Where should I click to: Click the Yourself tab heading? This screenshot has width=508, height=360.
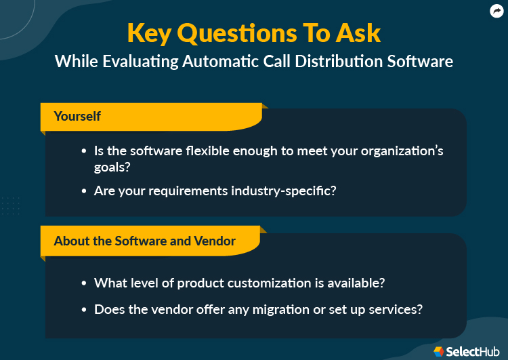pyautogui.click(x=77, y=116)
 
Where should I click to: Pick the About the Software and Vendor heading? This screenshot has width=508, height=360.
pyautogui.click(x=145, y=241)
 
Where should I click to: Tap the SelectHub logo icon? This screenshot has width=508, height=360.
pyautogui.click(x=439, y=351)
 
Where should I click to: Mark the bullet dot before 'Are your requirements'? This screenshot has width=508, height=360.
pyautogui.click(x=84, y=191)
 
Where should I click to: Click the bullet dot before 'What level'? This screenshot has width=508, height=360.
pyautogui.click(x=84, y=283)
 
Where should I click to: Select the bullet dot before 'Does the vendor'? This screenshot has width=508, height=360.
pyautogui.click(x=84, y=310)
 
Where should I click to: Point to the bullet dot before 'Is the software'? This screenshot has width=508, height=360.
pyautogui.click(x=84, y=151)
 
